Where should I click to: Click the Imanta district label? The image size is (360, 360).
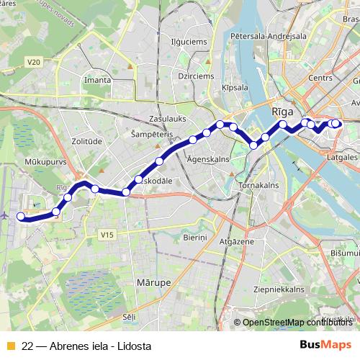pyautogui.click(x=97, y=80)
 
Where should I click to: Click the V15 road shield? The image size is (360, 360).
pyautogui.click(x=107, y=235)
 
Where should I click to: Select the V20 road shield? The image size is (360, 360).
pyautogui.click(x=34, y=63)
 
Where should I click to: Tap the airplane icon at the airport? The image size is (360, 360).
pyautogui.click(x=5, y=215)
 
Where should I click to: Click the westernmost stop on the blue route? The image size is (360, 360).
pyautogui.click(x=21, y=216)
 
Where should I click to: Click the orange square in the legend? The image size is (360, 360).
pyautogui.click(x=10, y=346)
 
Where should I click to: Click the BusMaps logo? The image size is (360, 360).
pyautogui.click(x=325, y=345)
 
